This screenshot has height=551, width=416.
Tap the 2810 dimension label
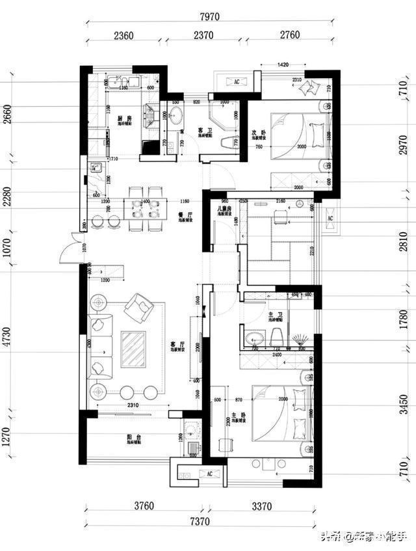tap(404, 241)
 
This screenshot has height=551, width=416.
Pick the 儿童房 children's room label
tap(226, 209)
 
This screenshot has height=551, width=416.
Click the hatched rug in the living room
tap(134, 350)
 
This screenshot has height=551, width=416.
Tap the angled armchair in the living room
tap(138, 307)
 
